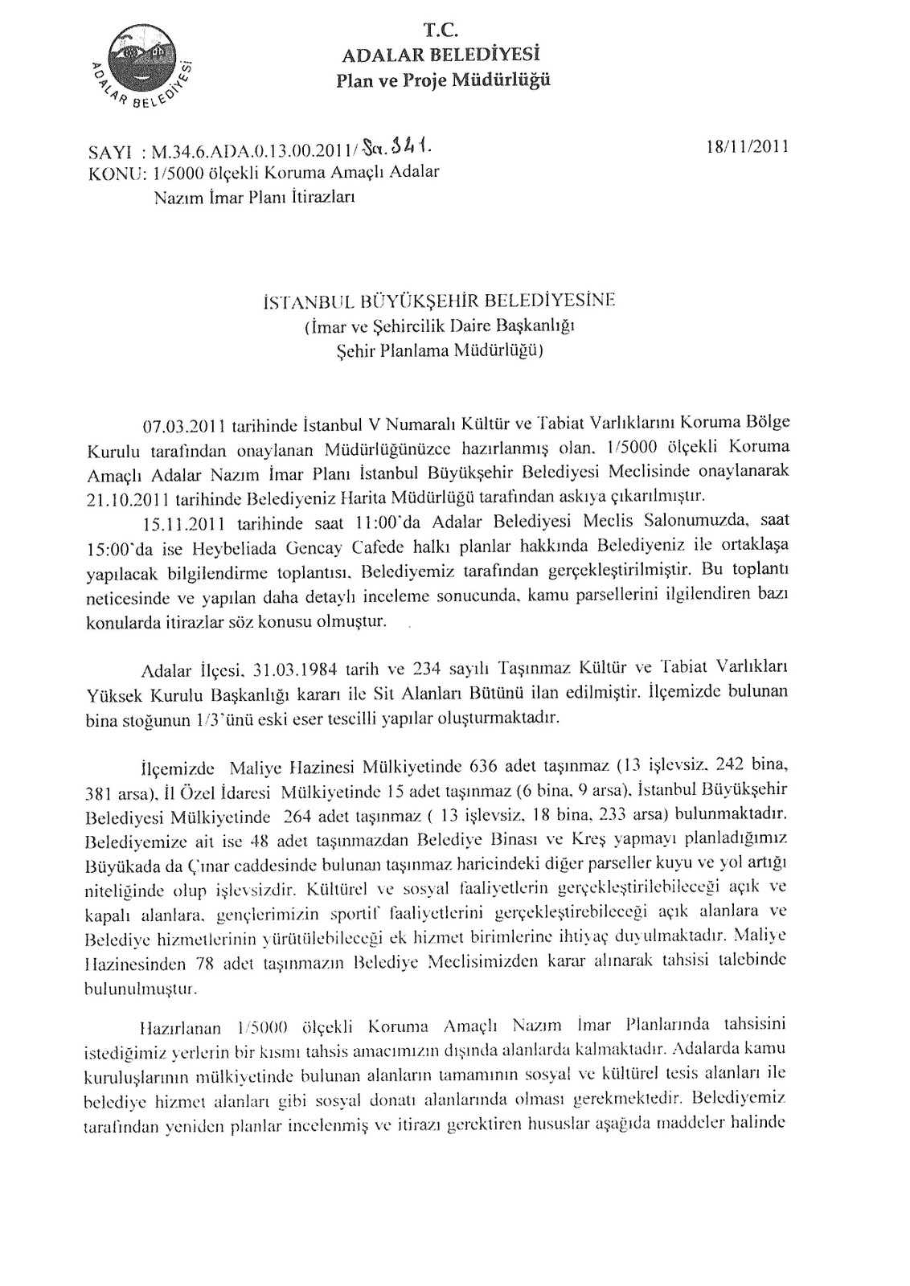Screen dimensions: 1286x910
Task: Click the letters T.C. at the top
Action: [x=441, y=31]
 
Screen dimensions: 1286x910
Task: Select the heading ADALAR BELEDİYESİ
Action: [x=441, y=55]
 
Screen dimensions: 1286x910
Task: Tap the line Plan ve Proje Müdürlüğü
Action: [x=443, y=80]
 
